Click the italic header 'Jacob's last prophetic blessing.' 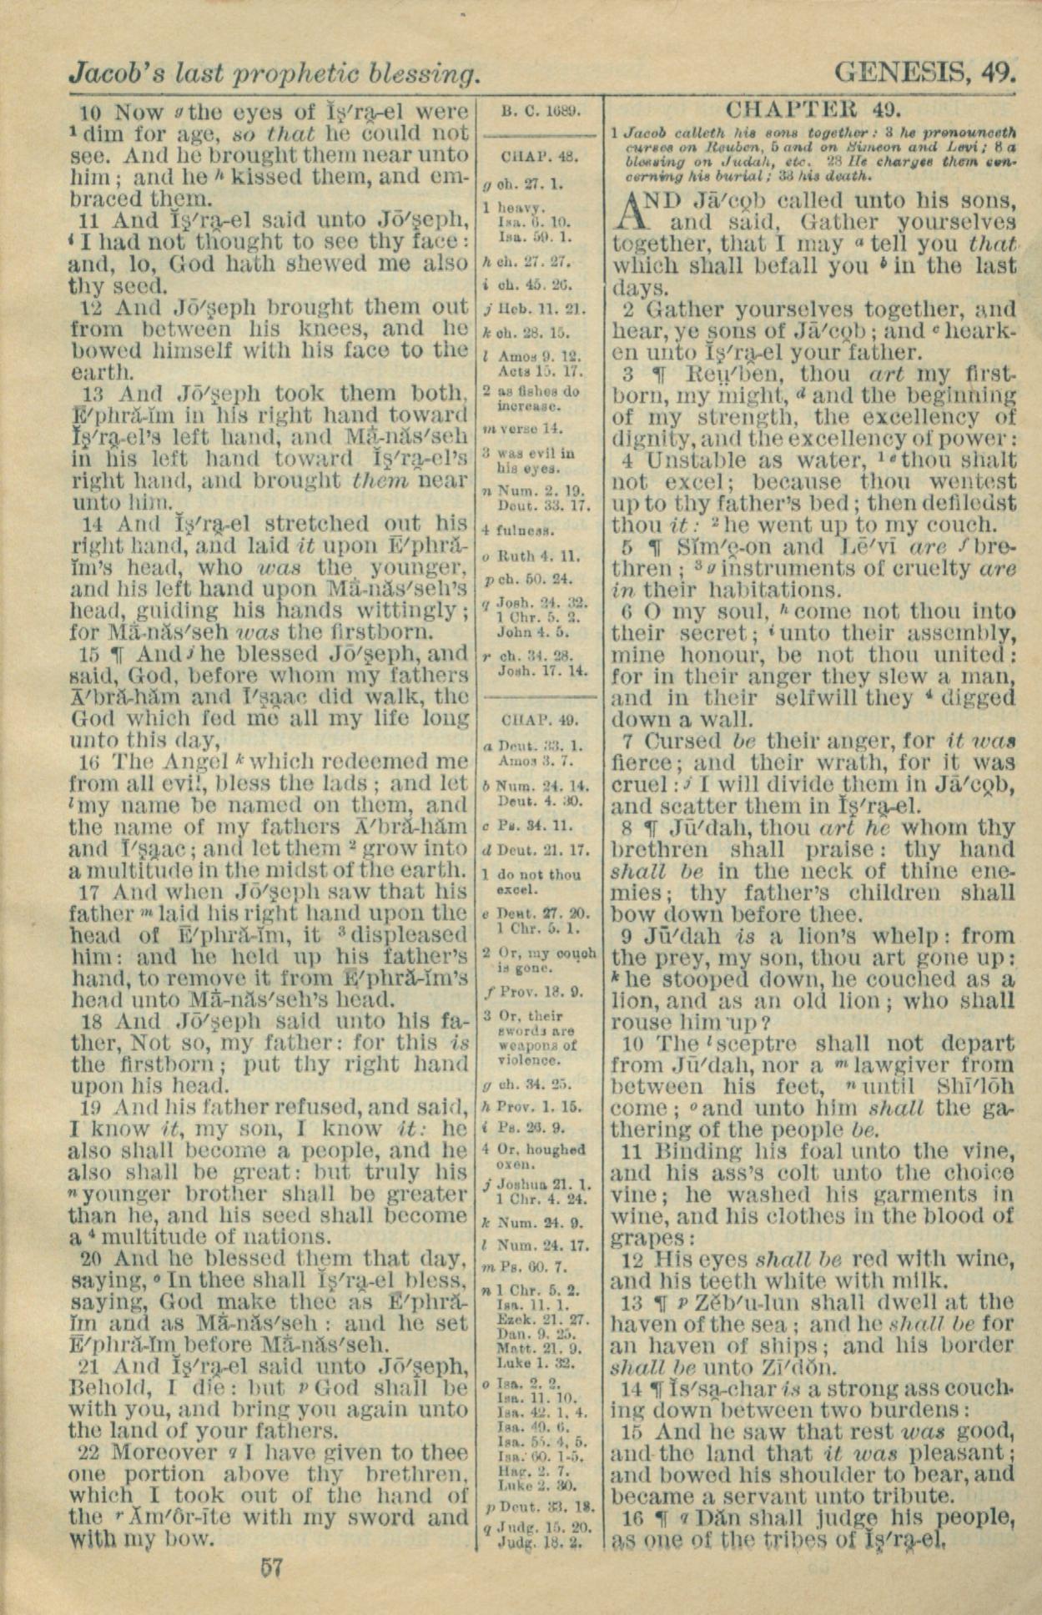[274, 74]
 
